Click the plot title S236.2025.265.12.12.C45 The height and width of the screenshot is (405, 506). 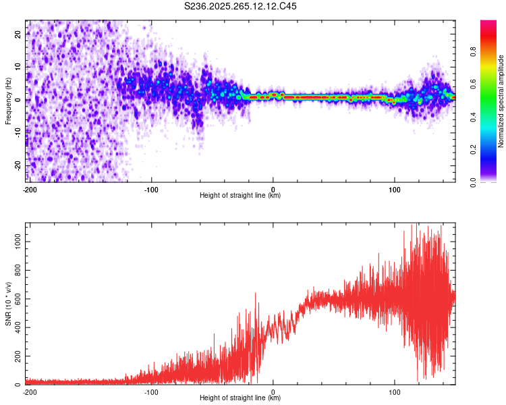pyautogui.click(x=241, y=6)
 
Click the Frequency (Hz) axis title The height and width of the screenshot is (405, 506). pyautogui.click(x=8, y=101)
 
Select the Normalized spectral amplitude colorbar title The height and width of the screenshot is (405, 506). pyautogui.click(x=501, y=101)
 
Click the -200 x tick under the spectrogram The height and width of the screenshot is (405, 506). pyautogui.click(x=30, y=189)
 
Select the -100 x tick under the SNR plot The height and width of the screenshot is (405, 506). pyautogui.click(x=151, y=391)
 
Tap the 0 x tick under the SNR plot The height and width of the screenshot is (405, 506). pyautogui.click(x=273, y=391)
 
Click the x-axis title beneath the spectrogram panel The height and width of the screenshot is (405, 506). pyautogui.click(x=240, y=196)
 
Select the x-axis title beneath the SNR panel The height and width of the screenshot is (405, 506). pyautogui.click(x=240, y=398)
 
